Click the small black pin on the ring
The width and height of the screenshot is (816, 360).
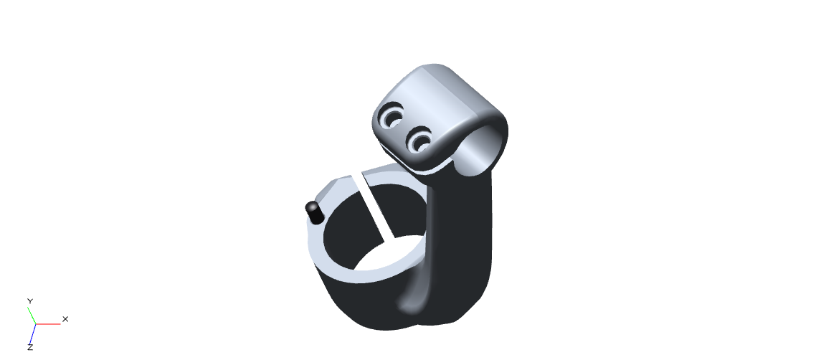click(314, 213)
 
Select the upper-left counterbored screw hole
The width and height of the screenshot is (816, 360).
click(392, 115)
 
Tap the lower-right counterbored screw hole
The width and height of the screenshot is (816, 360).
click(419, 140)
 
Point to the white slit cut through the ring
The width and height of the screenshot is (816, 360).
click(373, 208)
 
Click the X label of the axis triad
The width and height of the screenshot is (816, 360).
click(65, 319)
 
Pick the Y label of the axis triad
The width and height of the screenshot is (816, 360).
click(30, 301)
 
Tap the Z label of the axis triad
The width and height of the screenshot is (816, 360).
click(30, 347)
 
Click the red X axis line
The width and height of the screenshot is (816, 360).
click(48, 324)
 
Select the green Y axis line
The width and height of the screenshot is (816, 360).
click(32, 316)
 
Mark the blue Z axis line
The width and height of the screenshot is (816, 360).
click(32, 333)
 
